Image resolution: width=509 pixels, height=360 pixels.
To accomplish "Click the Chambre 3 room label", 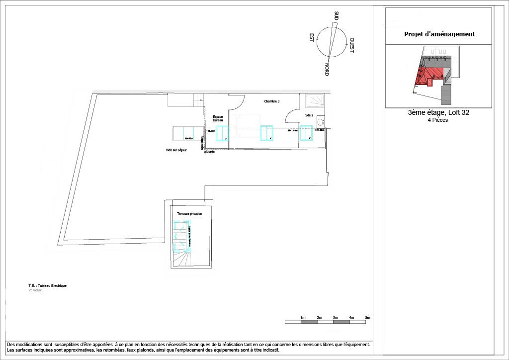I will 272,101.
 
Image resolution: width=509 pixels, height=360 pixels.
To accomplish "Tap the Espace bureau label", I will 218,118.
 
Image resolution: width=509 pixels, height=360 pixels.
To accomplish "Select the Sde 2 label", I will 309,115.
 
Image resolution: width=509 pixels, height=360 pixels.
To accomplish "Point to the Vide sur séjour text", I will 176,150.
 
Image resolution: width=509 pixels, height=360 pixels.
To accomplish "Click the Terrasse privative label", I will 189,214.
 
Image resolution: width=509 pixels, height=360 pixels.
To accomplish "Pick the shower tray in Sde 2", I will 315,101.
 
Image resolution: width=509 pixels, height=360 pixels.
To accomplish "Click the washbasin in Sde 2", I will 321,121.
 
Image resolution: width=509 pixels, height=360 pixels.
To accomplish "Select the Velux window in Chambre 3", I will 267,133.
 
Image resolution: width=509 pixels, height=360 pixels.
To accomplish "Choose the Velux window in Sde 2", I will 306,133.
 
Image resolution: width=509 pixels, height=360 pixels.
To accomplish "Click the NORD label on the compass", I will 327,69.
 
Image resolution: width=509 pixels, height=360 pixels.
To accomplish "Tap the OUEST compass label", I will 351,45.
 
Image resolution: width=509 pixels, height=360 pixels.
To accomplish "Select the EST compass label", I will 312,38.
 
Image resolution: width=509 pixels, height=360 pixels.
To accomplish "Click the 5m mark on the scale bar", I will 367,317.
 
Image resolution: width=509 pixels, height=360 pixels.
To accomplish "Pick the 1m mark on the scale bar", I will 303,317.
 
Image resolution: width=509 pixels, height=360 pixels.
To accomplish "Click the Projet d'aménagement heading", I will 439,34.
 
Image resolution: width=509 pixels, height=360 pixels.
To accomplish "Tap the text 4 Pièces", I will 438,120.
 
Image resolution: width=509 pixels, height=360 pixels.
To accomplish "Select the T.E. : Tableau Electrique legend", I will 48,286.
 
